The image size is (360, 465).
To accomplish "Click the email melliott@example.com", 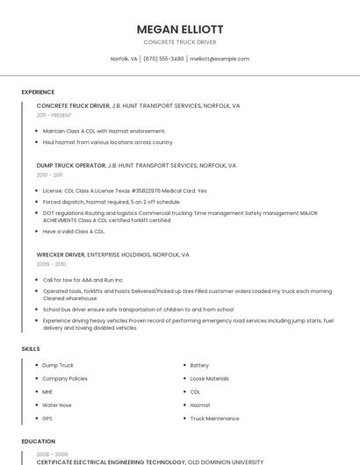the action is point(220,59).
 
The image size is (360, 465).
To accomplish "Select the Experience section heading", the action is point(38,92).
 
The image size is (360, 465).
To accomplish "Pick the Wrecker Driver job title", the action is point(61,254).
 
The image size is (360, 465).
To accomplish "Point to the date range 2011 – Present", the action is point(54,115).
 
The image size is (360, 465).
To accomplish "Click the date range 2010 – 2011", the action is point(50,175).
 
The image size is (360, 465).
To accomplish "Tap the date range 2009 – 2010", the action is point(51,264).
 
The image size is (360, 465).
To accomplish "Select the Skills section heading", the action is point(31,349).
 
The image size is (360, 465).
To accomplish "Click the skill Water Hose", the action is point(57,405).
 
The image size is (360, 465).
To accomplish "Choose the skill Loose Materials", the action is point(210,378).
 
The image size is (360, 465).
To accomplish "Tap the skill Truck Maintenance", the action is point(214,418).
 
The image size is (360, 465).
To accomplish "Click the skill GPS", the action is point(47,418).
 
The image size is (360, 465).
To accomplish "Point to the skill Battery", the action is point(199,365).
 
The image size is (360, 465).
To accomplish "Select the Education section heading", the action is point(38,442).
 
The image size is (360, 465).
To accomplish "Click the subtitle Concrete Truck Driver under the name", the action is point(180,42).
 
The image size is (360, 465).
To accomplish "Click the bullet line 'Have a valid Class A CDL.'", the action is point(74,232).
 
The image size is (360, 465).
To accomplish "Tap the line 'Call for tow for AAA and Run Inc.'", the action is point(83,280).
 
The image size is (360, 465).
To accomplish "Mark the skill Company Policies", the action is point(65,378).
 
